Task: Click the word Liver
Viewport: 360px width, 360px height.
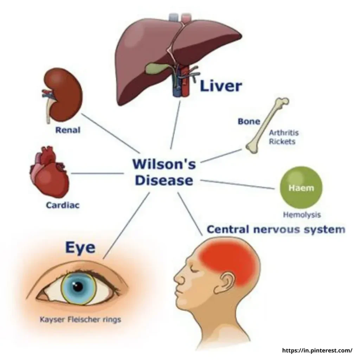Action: (221, 86)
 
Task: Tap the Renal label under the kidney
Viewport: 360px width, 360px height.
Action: (68, 130)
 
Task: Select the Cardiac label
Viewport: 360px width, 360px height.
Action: (63, 205)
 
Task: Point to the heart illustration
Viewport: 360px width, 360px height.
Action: (49, 172)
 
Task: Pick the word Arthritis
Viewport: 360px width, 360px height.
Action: (284, 133)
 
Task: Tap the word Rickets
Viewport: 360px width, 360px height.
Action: (282, 141)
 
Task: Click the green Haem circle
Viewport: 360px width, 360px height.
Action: (301, 188)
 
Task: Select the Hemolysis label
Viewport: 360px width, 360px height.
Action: (302, 215)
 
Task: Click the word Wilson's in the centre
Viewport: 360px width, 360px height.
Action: (164, 164)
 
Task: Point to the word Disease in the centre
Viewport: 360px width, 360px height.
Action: (164, 180)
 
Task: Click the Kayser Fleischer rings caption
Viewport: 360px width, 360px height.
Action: (81, 319)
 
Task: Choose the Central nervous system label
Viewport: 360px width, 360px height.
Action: (276, 230)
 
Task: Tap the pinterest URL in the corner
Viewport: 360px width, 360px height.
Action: (317, 351)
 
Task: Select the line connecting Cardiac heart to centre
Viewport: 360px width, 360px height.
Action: (97, 173)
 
